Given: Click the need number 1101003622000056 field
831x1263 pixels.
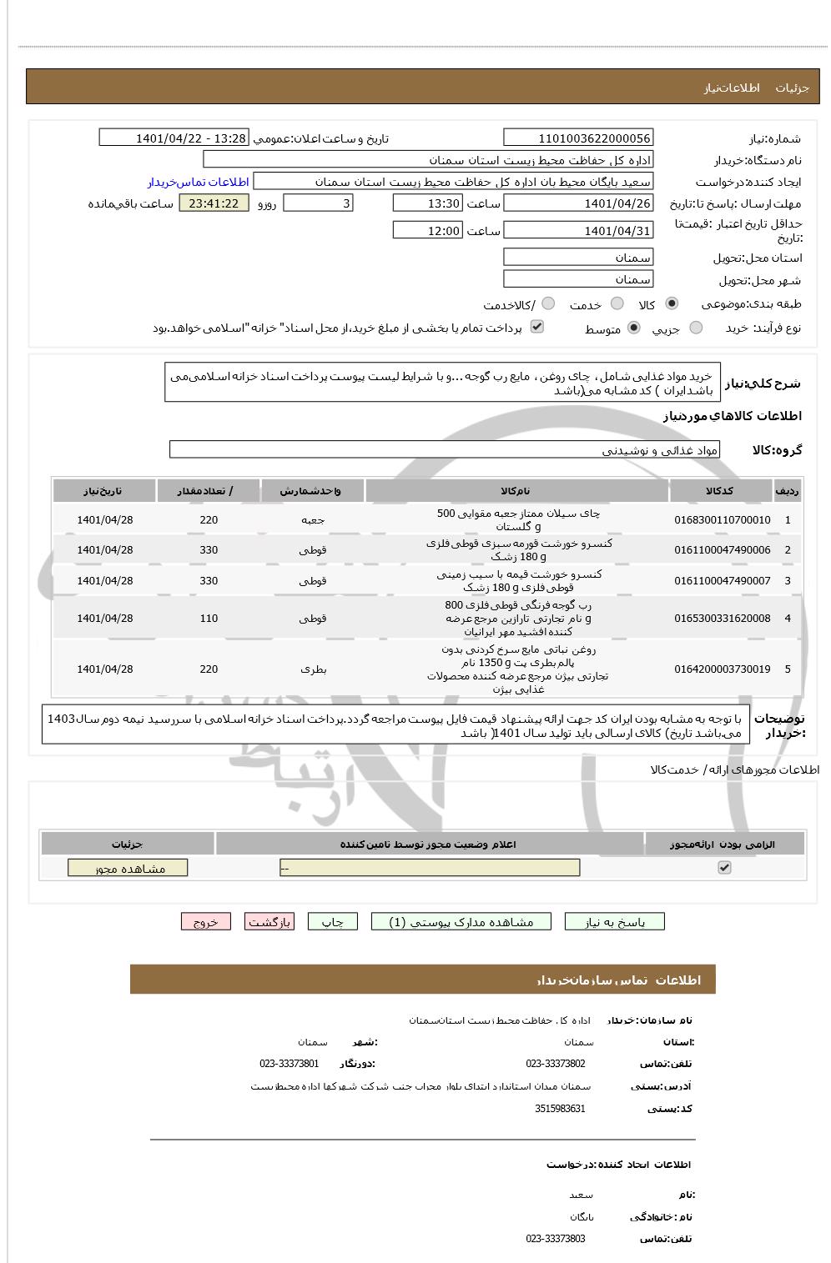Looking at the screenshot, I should coord(578,138).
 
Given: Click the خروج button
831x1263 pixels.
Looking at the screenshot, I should coord(205,922).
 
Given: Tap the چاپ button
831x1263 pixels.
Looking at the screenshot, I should coord(332,922).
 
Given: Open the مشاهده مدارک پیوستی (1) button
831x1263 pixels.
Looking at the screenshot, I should coord(462,922).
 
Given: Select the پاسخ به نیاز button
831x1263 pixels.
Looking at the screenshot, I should coord(615,922).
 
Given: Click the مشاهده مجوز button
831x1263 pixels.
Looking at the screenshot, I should coord(128,869).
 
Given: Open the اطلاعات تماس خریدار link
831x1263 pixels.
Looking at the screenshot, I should coord(199,182).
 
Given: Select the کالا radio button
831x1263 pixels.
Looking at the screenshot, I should coord(672,304).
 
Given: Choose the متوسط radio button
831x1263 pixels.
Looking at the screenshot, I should coord(634,328).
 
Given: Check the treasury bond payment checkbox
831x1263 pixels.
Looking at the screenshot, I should coord(537,327).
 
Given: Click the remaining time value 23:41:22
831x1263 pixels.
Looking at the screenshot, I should coord(214,203).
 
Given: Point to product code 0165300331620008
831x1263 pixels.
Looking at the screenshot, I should coord(722,619).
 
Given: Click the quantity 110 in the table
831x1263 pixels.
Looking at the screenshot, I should coord(209,619).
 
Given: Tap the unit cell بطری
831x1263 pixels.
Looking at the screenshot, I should coord(313,669).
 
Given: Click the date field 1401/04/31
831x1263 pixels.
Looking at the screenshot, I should coord(578,231).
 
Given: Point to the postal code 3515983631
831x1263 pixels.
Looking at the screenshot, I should coord(560,1109).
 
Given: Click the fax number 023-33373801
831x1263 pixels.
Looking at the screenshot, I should coord(289,1064).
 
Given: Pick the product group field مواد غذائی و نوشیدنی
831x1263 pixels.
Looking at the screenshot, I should coord(445,450).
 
